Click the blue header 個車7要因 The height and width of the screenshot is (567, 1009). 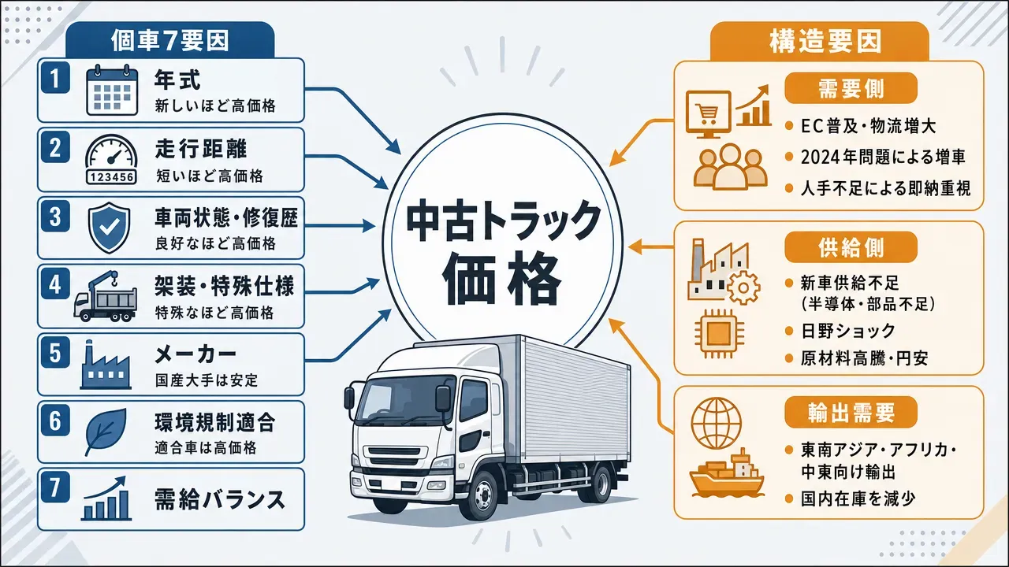pos(169,41)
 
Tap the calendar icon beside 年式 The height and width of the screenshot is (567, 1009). pos(112,90)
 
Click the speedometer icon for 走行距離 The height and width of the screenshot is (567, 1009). pos(111,159)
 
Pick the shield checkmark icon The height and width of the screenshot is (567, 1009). pos(109,228)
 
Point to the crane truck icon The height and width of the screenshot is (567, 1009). pos(105,296)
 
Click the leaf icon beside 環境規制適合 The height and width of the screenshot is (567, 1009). pos(106,432)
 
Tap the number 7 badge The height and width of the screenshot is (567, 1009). pos(55,487)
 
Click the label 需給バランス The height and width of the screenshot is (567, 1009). pos(220,500)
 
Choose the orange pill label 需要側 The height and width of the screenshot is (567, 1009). pos(851,89)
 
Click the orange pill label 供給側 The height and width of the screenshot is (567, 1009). pos(851,247)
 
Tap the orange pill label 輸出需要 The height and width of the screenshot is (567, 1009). pos(851,412)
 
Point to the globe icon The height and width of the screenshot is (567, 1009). pos(717,423)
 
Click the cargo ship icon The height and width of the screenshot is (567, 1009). pos(726,473)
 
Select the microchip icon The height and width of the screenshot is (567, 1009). pos(719,333)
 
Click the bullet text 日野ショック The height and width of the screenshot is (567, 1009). pos(848,332)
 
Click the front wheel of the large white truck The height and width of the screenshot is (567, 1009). pos(483,496)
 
